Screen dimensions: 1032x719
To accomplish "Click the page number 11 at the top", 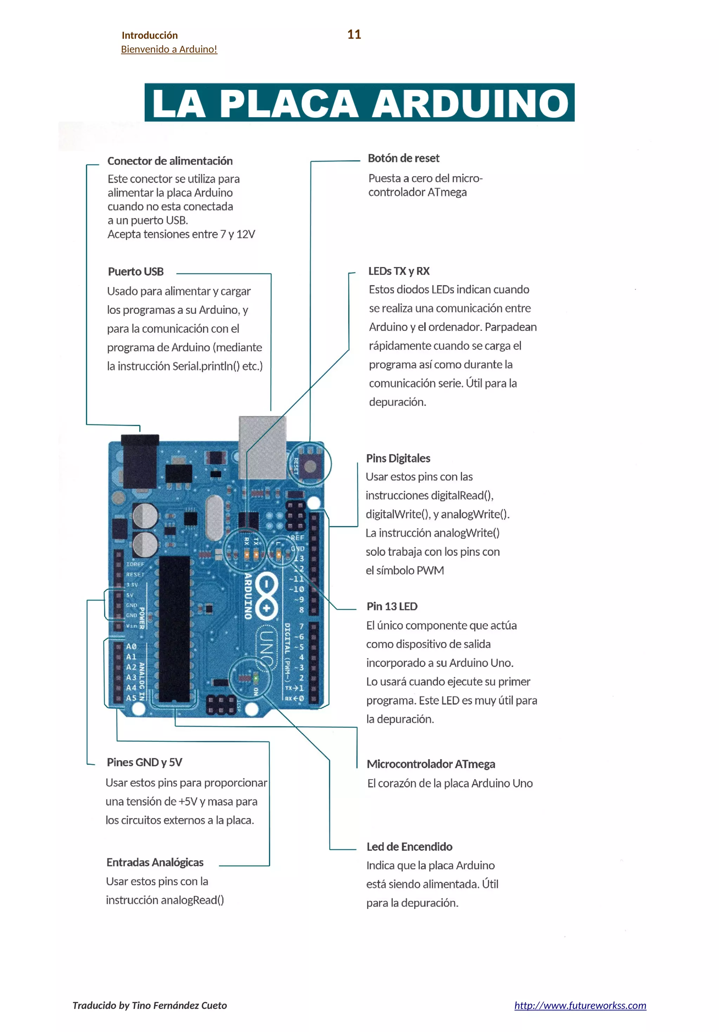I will point(354,35).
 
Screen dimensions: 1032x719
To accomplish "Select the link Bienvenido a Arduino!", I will point(169,50).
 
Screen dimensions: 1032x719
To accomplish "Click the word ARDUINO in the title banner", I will point(471,103).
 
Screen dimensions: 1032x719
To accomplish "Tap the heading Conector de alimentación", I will point(170,161).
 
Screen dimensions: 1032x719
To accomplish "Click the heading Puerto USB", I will point(136,272).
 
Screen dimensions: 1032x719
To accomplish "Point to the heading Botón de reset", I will point(403,158).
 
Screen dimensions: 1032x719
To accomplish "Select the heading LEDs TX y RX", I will point(398,271).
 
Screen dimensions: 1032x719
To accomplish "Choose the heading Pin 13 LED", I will point(392,606).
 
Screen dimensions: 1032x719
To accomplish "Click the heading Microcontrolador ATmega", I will point(430,764).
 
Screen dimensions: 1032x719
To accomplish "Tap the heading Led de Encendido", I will point(409,847).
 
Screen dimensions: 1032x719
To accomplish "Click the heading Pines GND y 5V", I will point(144,762).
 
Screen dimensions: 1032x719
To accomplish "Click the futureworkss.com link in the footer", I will point(580,1006).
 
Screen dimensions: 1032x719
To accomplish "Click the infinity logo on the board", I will point(266,596).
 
